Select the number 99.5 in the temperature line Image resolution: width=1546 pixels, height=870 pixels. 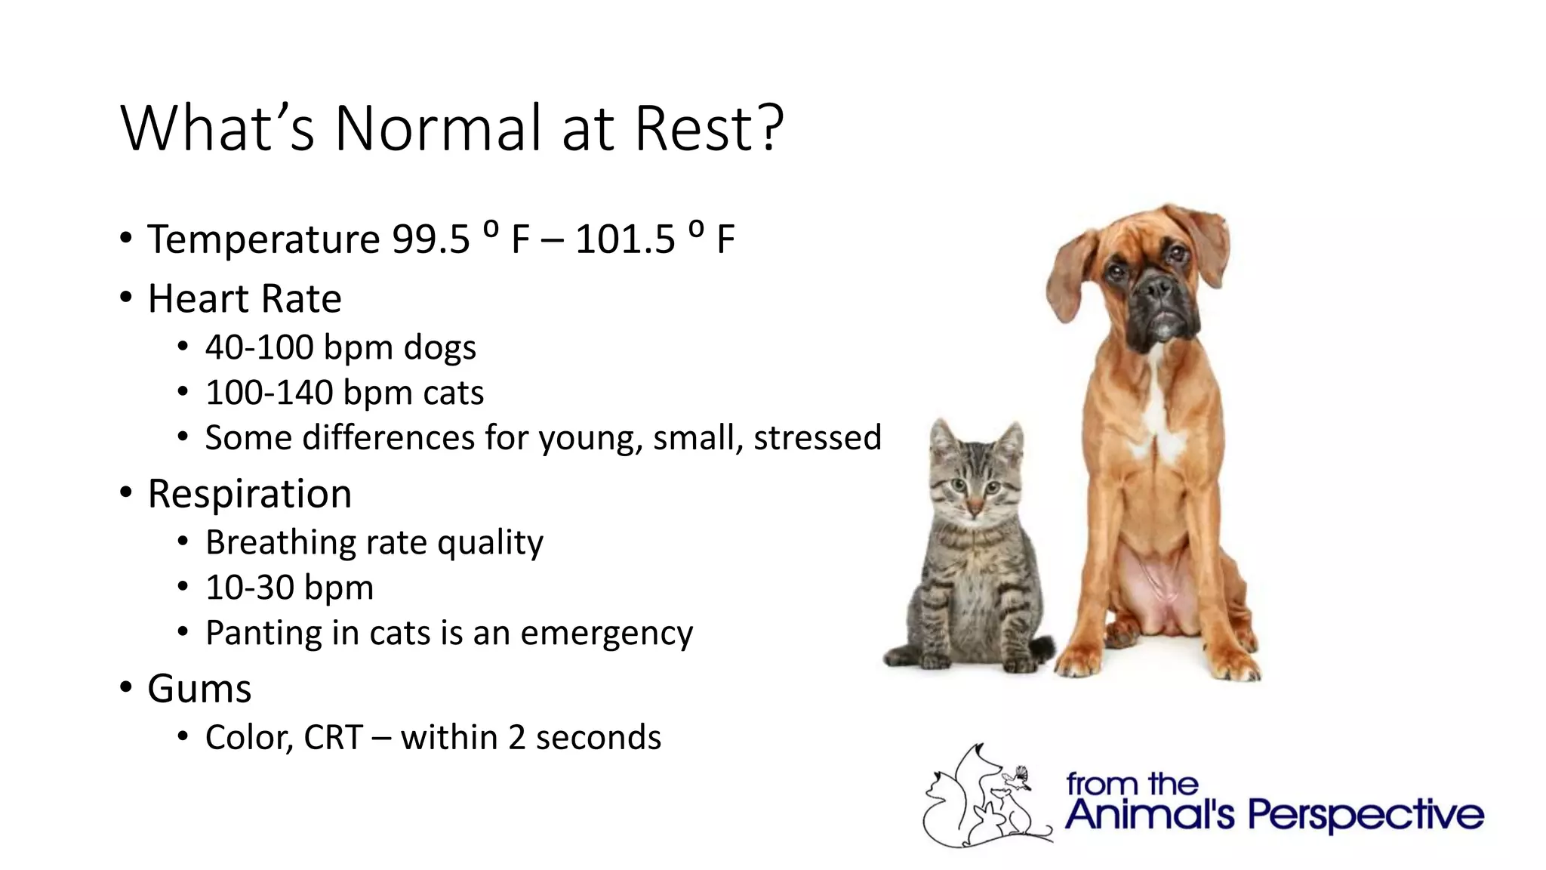pos(430,240)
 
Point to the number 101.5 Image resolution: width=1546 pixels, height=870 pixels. pos(625,240)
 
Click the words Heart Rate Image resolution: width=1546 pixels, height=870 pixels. pos(244,299)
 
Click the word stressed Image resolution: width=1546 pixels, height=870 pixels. pos(817,438)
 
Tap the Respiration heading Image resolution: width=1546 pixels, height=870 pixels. pos(249,495)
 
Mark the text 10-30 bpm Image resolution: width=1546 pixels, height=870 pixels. pos(289,588)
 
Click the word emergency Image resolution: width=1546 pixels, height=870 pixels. pos(606,634)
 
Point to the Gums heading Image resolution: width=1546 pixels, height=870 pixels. pos(199,690)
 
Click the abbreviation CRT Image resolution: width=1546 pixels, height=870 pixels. pos(333,738)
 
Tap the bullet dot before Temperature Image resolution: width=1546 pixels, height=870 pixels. pos(126,239)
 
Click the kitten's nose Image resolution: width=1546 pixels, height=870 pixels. pos(975,504)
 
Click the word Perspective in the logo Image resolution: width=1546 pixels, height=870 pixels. pos(1365,816)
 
